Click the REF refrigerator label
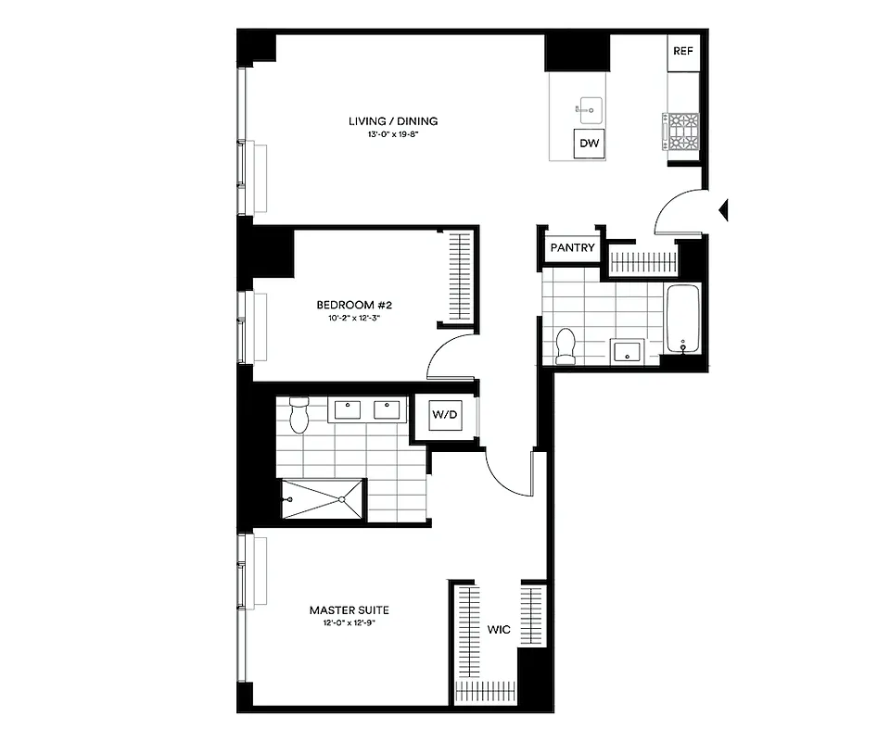click(x=683, y=51)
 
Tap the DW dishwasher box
click(x=589, y=144)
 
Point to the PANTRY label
click(x=572, y=248)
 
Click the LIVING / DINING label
click(x=393, y=121)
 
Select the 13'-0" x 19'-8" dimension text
click(x=393, y=135)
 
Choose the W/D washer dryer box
click(x=445, y=415)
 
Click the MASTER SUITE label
click(x=349, y=610)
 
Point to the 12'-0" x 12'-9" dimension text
click(x=349, y=623)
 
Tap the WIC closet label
click(x=499, y=631)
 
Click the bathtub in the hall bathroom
click(x=684, y=320)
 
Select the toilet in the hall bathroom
click(x=566, y=345)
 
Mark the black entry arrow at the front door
click(x=724, y=210)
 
